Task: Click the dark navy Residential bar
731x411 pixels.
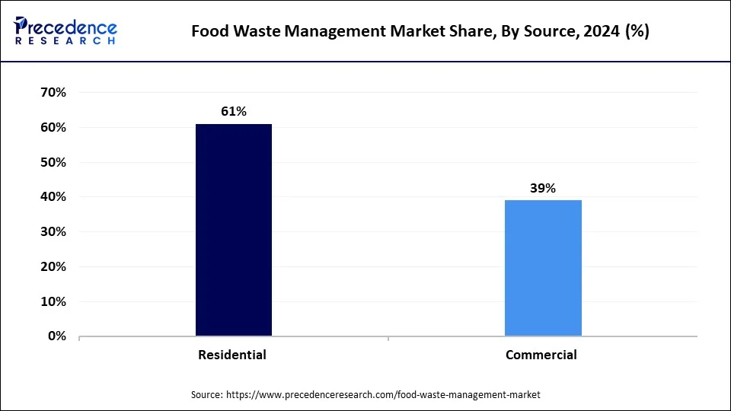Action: [233, 229]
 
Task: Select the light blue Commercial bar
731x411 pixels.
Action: [543, 267]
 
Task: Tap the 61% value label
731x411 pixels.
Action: [234, 111]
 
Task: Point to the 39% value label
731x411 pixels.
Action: [543, 188]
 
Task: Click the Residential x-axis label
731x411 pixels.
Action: [232, 355]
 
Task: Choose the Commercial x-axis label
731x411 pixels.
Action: [541, 355]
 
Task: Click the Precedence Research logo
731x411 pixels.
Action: [65, 30]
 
